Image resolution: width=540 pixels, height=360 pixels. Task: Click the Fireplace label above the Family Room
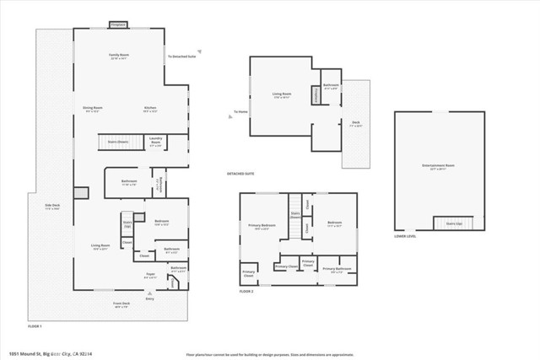(118, 24)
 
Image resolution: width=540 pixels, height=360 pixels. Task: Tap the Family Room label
(118, 56)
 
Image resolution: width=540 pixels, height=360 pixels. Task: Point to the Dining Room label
(92, 109)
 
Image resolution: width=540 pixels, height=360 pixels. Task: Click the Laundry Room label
(155, 141)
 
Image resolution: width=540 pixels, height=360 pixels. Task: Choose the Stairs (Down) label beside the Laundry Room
(117, 142)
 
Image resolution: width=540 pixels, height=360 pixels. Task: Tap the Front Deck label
(121, 304)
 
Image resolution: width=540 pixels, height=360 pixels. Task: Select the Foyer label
(152, 275)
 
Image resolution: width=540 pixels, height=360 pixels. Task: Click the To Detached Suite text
(181, 56)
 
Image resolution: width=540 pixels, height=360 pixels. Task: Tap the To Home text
(241, 112)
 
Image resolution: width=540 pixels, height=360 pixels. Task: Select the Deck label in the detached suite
(356, 123)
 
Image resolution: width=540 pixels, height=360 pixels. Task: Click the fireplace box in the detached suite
(317, 98)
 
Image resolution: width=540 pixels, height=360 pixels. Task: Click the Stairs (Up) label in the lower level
(454, 223)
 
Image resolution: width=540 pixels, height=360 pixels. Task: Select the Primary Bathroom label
(341, 271)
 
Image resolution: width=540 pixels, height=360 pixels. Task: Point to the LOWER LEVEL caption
(405, 237)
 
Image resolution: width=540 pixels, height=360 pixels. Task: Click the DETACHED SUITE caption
(240, 174)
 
